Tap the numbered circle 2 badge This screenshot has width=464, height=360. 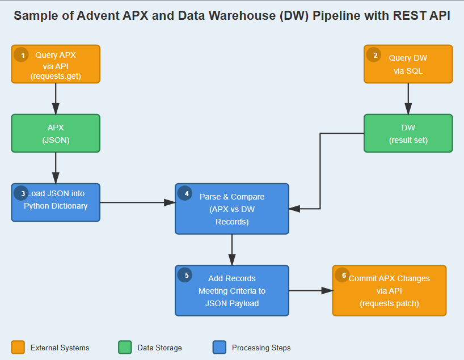374,55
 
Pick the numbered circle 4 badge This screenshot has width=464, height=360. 185,193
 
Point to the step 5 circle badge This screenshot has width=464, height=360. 185,275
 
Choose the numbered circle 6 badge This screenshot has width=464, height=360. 342,275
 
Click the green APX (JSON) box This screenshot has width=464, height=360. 56,134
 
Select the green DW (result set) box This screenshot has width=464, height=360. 408,134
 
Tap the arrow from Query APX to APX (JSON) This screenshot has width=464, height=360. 56,99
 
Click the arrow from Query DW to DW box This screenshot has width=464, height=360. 408,99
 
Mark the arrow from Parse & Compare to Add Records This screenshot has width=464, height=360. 232,249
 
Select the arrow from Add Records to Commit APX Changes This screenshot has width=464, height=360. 310,290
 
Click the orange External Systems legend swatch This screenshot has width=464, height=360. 18,347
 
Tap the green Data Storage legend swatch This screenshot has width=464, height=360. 125,347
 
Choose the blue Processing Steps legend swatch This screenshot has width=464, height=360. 219,347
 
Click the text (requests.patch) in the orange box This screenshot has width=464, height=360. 389,303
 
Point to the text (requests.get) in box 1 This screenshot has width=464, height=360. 56,76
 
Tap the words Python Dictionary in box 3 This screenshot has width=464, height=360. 56,206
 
